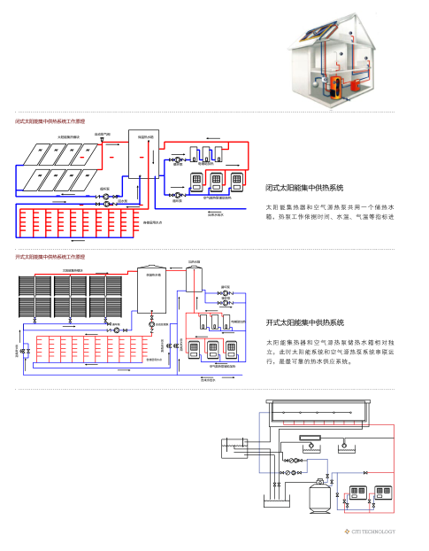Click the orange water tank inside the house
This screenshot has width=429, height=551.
pyautogui.click(x=336, y=87)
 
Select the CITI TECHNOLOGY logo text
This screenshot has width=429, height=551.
pyautogui.click(x=373, y=532)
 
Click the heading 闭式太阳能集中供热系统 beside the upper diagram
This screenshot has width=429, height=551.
pyautogui.click(x=304, y=188)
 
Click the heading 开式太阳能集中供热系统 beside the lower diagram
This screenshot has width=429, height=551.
pyautogui.click(x=304, y=322)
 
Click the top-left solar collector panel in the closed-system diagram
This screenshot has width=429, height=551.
pyautogui.click(x=34, y=154)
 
